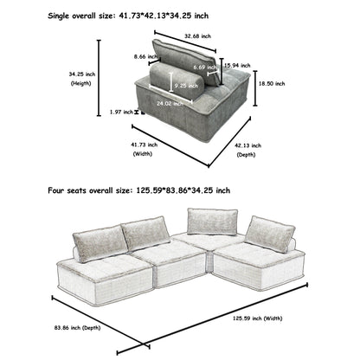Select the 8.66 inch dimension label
tap(132, 57)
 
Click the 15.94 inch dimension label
tap(233, 65)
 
